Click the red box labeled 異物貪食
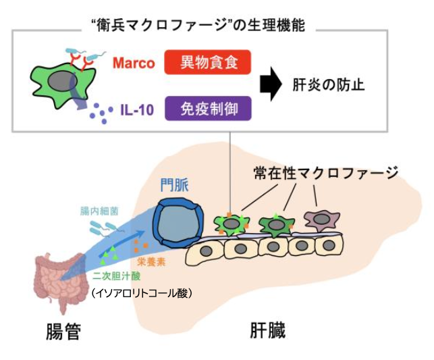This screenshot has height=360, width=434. [207, 63]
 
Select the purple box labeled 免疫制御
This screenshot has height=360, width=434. [207, 108]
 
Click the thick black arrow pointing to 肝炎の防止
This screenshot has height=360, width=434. [270, 86]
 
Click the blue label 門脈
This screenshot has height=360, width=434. [174, 184]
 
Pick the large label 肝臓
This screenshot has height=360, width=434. [267, 331]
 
